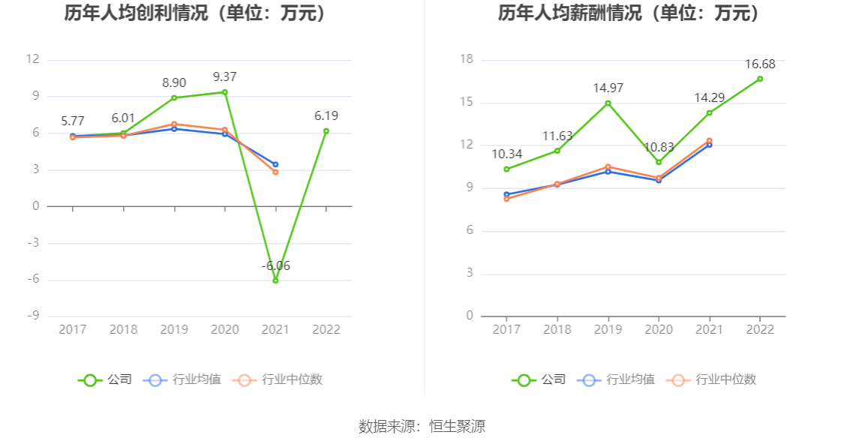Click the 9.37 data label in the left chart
pyautogui.click(x=224, y=76)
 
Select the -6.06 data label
pyautogui.click(x=275, y=265)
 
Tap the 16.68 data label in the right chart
pyautogui.click(x=759, y=64)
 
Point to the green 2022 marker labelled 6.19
pyautogui.click(x=326, y=131)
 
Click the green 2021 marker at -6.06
pyautogui.click(x=275, y=280)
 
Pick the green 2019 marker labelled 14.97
pyautogui.click(x=608, y=103)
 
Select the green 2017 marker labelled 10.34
pyautogui.click(x=506, y=169)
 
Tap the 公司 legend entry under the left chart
pyautogui.click(x=105, y=379)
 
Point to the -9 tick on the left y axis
pyautogui.click(x=33, y=316)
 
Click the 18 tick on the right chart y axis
pyautogui.click(x=466, y=59)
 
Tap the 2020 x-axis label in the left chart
pyautogui.click(x=224, y=329)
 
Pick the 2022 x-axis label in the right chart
pyautogui.click(x=759, y=329)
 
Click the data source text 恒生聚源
pyautogui.click(x=457, y=427)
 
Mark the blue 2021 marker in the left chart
pyautogui.click(x=275, y=164)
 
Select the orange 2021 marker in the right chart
pyautogui.click(x=709, y=141)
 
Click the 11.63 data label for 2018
pyautogui.click(x=557, y=136)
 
